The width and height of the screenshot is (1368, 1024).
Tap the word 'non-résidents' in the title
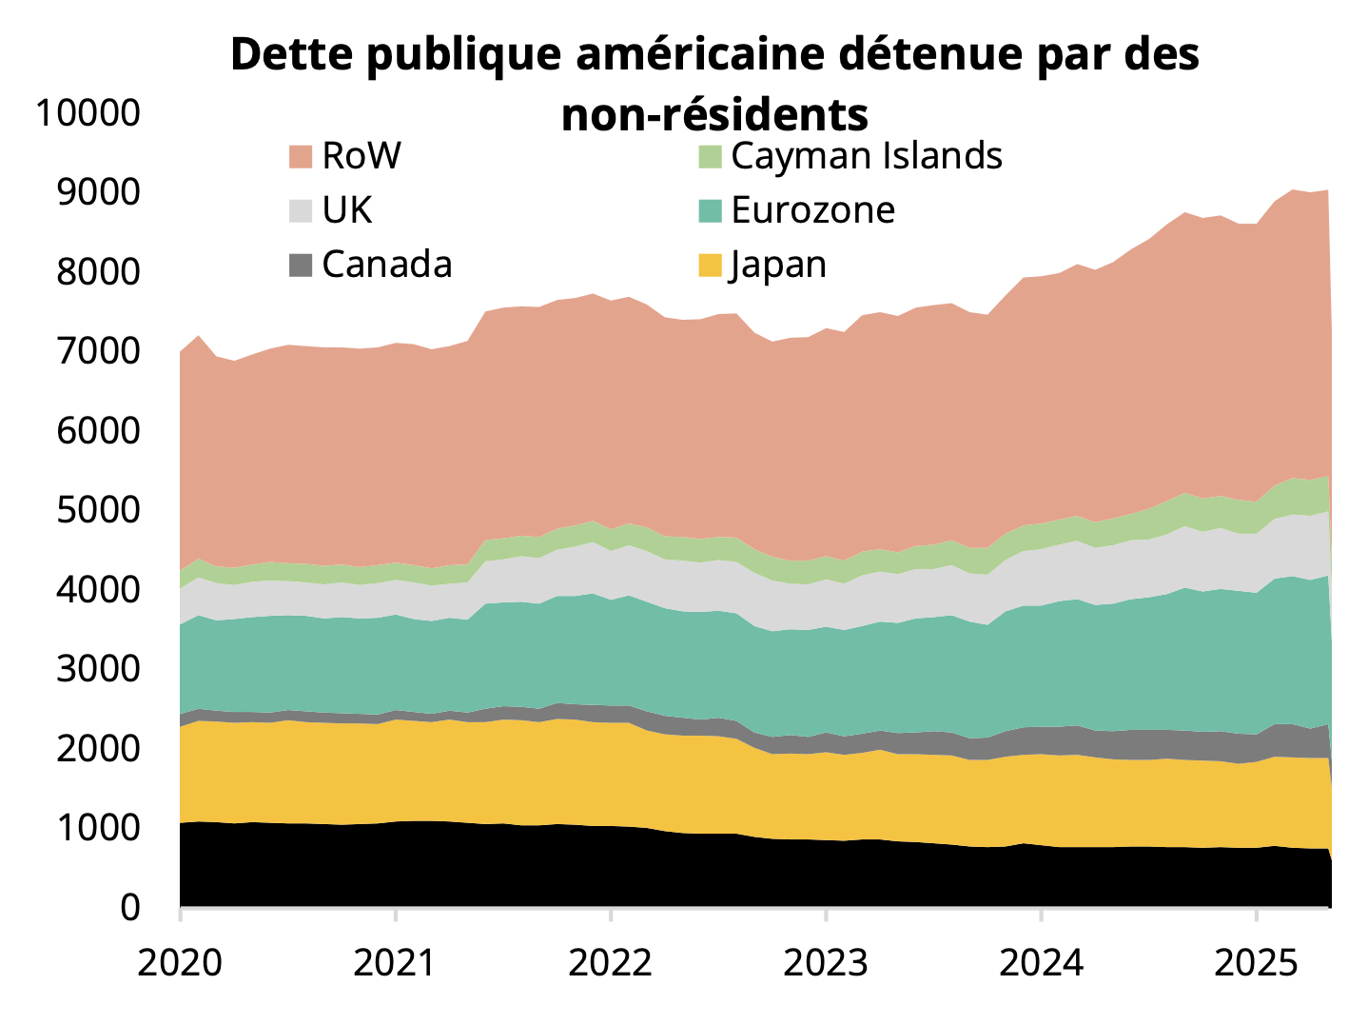coord(714,115)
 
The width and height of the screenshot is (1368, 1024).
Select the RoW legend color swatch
coord(301,157)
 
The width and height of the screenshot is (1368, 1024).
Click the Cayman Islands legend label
coord(866,156)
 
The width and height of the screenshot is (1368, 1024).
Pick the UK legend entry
coord(346,210)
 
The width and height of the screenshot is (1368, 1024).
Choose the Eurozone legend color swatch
coord(711,210)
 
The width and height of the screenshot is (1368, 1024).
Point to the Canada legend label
coord(386,265)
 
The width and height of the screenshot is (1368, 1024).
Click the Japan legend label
coord(778,265)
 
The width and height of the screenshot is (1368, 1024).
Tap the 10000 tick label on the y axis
coord(88,113)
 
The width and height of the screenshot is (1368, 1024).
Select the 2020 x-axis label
coord(180,963)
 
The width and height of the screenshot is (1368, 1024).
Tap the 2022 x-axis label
coord(610,963)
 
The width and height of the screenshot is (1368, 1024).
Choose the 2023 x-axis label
coord(826,963)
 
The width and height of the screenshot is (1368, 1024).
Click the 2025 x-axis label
coord(1257,963)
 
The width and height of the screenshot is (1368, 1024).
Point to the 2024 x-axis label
coord(1042,963)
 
